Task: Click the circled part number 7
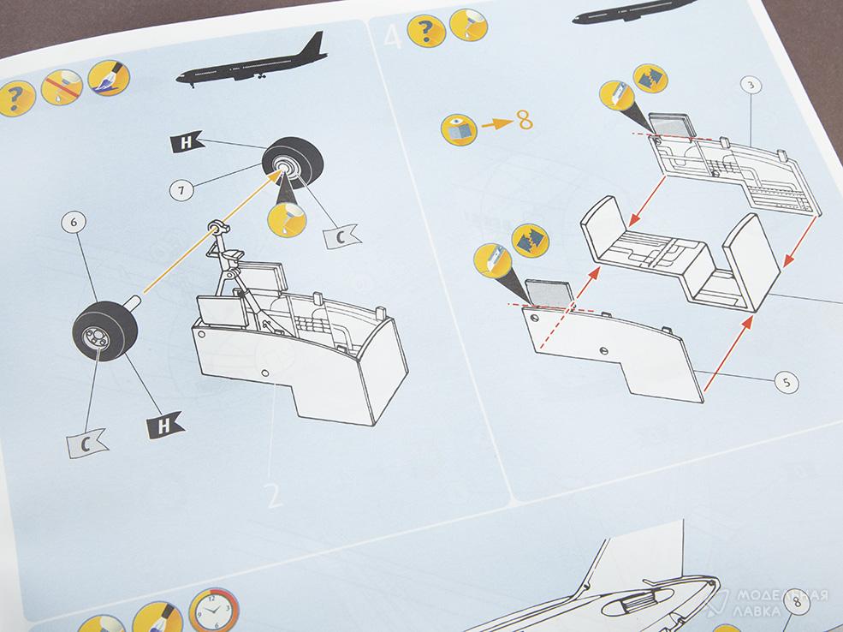181,190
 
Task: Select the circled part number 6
74,223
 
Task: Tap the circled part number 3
751,85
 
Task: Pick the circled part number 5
787,382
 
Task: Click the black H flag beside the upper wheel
186,142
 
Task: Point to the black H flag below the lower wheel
165,425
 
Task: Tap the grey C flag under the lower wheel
86,444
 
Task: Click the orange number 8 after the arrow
525,120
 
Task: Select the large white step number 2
274,495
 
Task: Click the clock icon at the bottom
213,610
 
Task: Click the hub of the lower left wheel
97,338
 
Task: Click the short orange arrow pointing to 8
497,124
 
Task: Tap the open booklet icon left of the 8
459,130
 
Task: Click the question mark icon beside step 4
426,30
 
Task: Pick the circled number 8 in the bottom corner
797,601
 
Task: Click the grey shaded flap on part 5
549,295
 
